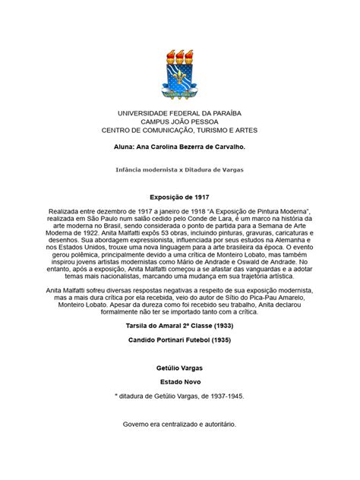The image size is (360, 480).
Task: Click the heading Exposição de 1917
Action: [x=179, y=195]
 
